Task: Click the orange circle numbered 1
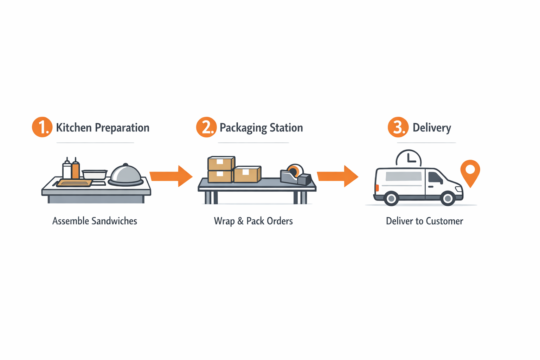coord(42,127)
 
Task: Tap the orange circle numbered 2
coord(206,127)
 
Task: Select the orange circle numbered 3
coord(398,127)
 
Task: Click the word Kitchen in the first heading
coord(74,127)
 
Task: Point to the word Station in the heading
coord(286,127)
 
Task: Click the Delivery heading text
coord(432,127)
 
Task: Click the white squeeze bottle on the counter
coord(67,170)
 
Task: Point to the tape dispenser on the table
coord(296,175)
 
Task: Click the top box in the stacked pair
coord(221,163)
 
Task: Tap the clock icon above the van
coord(409,158)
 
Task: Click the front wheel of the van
coord(448,199)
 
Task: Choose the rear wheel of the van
coord(391,199)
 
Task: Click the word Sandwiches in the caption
coord(114,221)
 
